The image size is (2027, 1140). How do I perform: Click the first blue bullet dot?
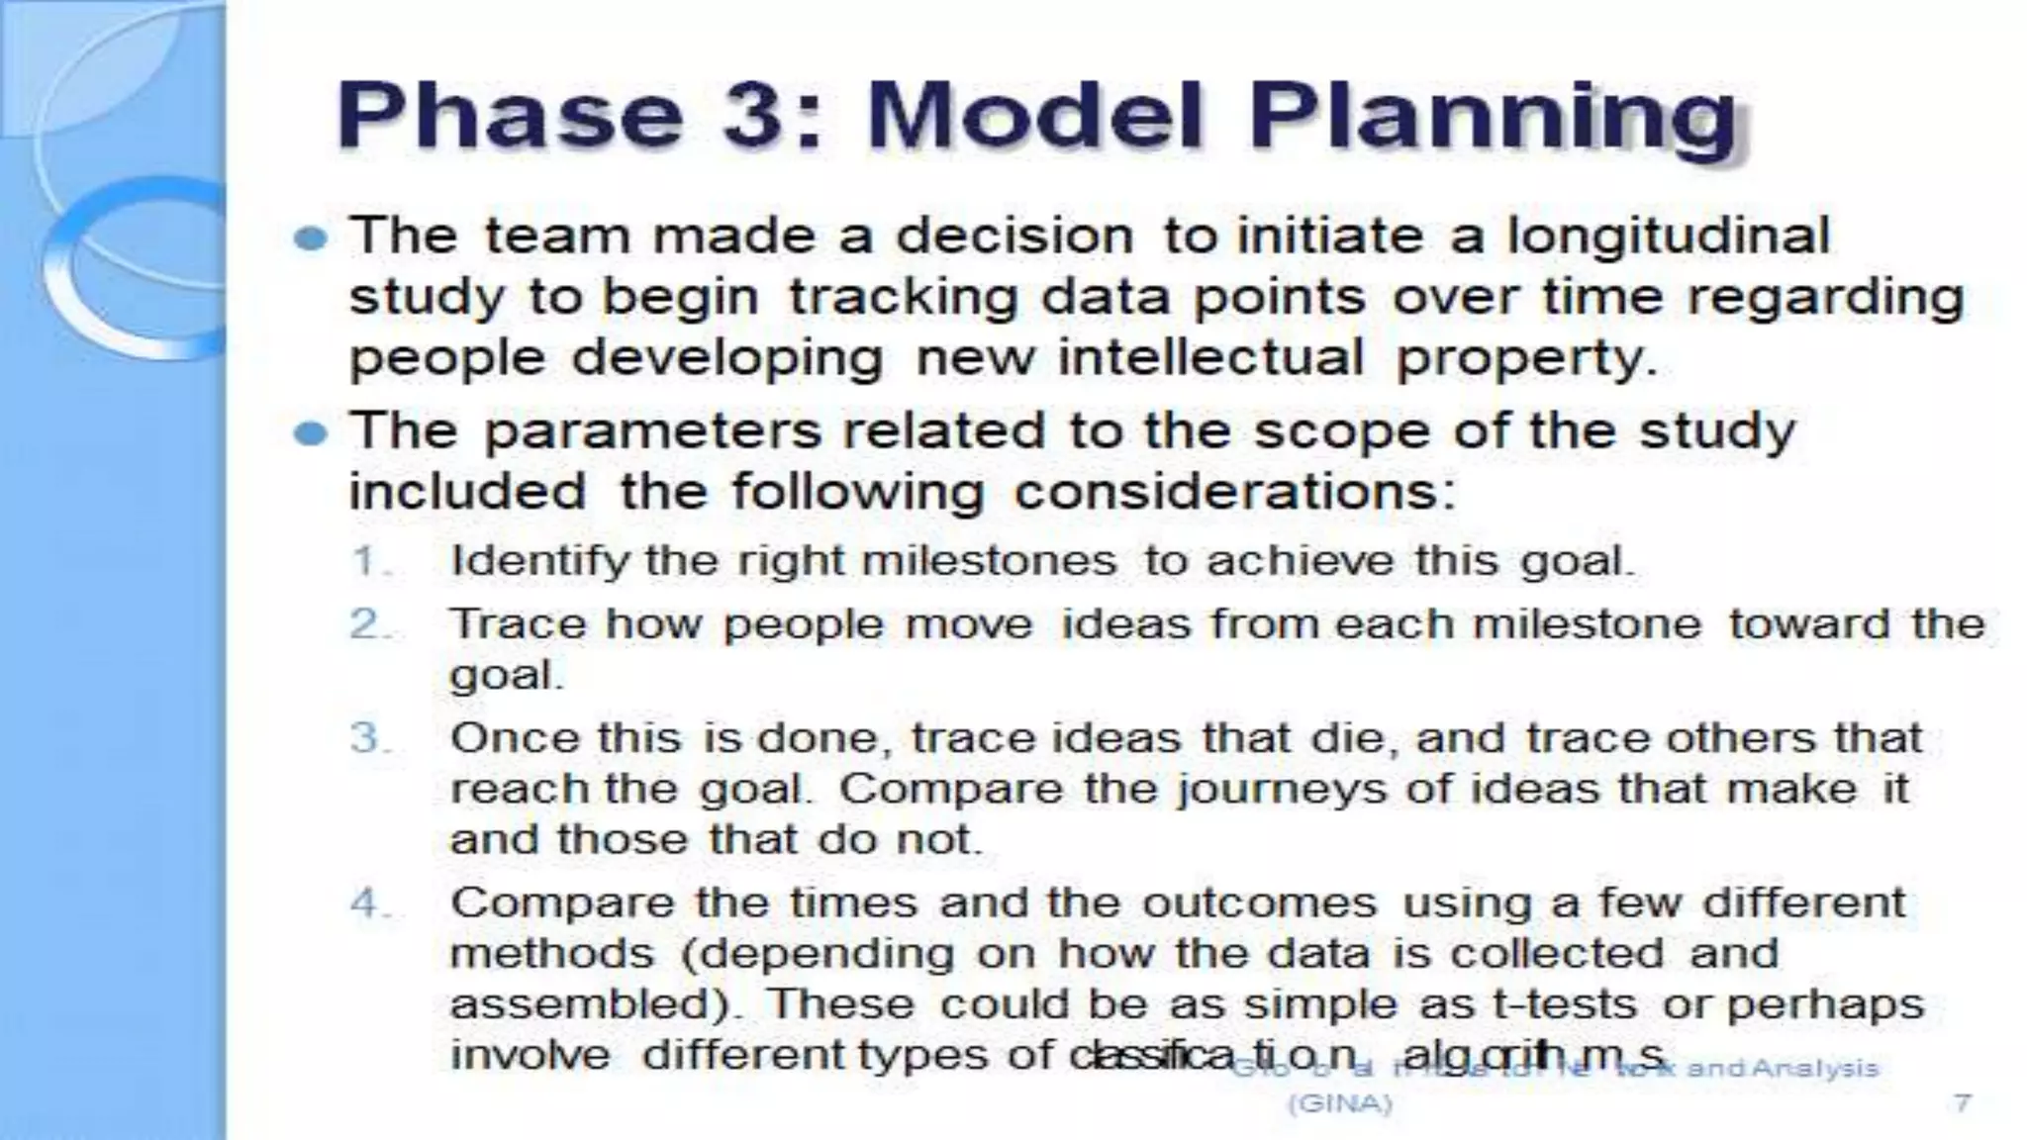(x=311, y=238)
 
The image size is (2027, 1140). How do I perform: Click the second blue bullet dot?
(x=311, y=433)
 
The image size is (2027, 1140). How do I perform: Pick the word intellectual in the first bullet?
(x=1210, y=356)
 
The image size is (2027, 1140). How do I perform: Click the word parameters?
(x=653, y=431)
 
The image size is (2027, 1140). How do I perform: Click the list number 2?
(x=366, y=624)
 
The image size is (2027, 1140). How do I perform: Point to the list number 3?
(x=366, y=738)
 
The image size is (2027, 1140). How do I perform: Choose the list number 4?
(x=366, y=902)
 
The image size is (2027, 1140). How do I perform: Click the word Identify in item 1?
(x=540, y=562)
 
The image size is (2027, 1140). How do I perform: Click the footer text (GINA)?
(x=1339, y=1103)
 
